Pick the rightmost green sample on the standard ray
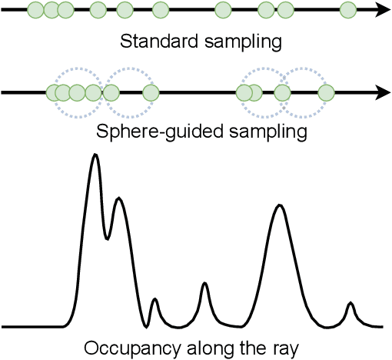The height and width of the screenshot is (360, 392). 347,10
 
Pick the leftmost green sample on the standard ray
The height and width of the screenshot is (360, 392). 36,10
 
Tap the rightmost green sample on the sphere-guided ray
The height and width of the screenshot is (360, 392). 327,93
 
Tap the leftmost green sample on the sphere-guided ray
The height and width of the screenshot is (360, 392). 54,93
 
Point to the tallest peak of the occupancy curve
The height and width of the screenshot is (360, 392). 95,155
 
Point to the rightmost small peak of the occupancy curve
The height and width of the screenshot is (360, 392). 350,304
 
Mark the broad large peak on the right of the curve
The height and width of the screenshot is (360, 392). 281,206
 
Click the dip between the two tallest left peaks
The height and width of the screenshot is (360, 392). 107,237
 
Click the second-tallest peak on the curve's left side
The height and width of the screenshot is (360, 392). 118,199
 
